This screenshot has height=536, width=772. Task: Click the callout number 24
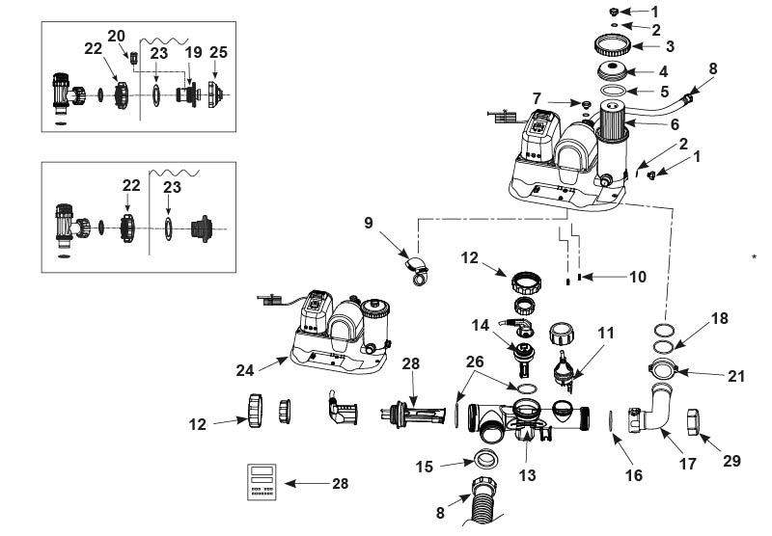245,370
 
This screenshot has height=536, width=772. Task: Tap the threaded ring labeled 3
612,45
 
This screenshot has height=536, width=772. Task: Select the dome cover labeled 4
612,70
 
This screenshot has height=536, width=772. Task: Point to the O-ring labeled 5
613,90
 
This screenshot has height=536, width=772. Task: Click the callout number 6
675,124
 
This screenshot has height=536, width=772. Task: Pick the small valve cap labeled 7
586,104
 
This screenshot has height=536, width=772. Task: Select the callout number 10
638,277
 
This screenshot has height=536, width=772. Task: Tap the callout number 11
606,333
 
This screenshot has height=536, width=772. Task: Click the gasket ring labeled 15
486,460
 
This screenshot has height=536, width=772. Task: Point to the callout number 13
527,475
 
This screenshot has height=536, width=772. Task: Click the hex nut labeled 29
695,422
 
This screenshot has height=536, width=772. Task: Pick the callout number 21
736,376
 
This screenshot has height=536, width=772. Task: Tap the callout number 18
719,319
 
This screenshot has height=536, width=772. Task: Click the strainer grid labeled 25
215,94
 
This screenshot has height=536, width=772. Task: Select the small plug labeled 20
133,59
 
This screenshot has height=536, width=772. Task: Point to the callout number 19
194,52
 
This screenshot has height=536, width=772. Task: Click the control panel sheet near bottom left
262,482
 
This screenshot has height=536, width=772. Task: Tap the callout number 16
634,475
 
